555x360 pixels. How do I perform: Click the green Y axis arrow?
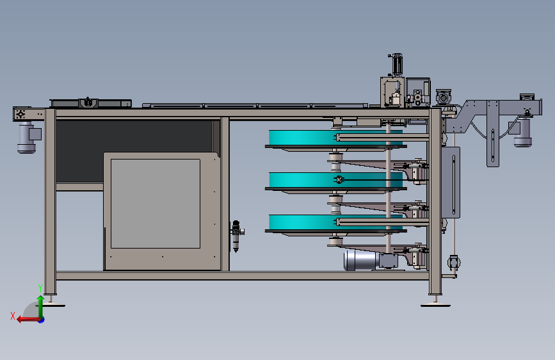pos(40,306)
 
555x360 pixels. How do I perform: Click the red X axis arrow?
pos(29,320)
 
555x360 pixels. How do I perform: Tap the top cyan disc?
pos(335,138)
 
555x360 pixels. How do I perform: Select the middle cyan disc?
pos(335,180)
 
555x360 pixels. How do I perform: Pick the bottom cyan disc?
pos(335,222)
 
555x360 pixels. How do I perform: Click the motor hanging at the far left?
pos(28,138)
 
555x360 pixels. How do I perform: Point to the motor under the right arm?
pos(522,132)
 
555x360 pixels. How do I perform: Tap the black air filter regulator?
pos(236,236)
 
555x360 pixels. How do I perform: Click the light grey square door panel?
pos(156,204)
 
